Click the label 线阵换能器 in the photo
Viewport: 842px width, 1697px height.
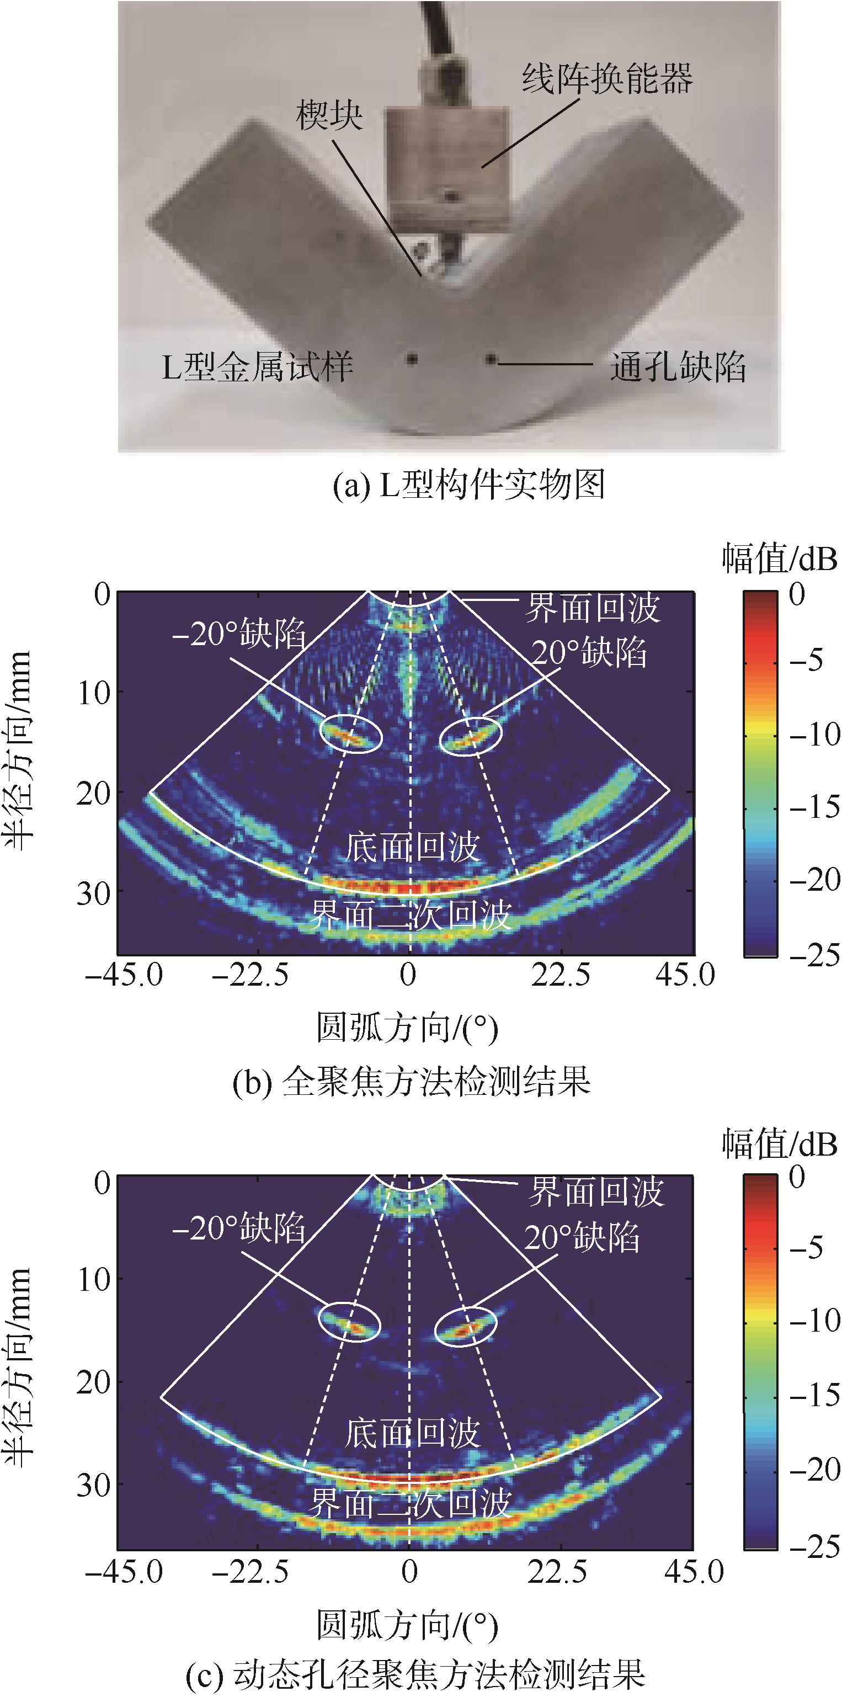[x=607, y=79]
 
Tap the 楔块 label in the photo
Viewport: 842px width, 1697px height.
[x=329, y=116]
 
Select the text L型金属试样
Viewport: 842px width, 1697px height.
[x=258, y=367]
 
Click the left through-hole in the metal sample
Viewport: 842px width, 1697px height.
[x=412, y=359]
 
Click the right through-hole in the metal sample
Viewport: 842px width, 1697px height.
[x=491, y=359]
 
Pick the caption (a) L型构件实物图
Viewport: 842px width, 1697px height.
[x=468, y=486]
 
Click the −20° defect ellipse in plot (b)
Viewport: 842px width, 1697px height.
[x=351, y=733]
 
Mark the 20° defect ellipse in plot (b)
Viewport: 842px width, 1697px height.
[x=471, y=736]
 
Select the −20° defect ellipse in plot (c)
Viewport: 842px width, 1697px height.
[x=350, y=1322]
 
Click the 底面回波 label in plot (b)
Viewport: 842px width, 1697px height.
[x=412, y=847]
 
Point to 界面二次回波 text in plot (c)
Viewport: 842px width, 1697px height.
[x=411, y=1504]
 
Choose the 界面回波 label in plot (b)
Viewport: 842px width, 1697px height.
[x=592, y=608]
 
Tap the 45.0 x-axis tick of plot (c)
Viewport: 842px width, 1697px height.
[x=693, y=1571]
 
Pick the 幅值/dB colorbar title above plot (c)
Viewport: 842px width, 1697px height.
[x=780, y=1144]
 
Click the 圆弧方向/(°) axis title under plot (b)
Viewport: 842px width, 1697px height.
[x=407, y=1028]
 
